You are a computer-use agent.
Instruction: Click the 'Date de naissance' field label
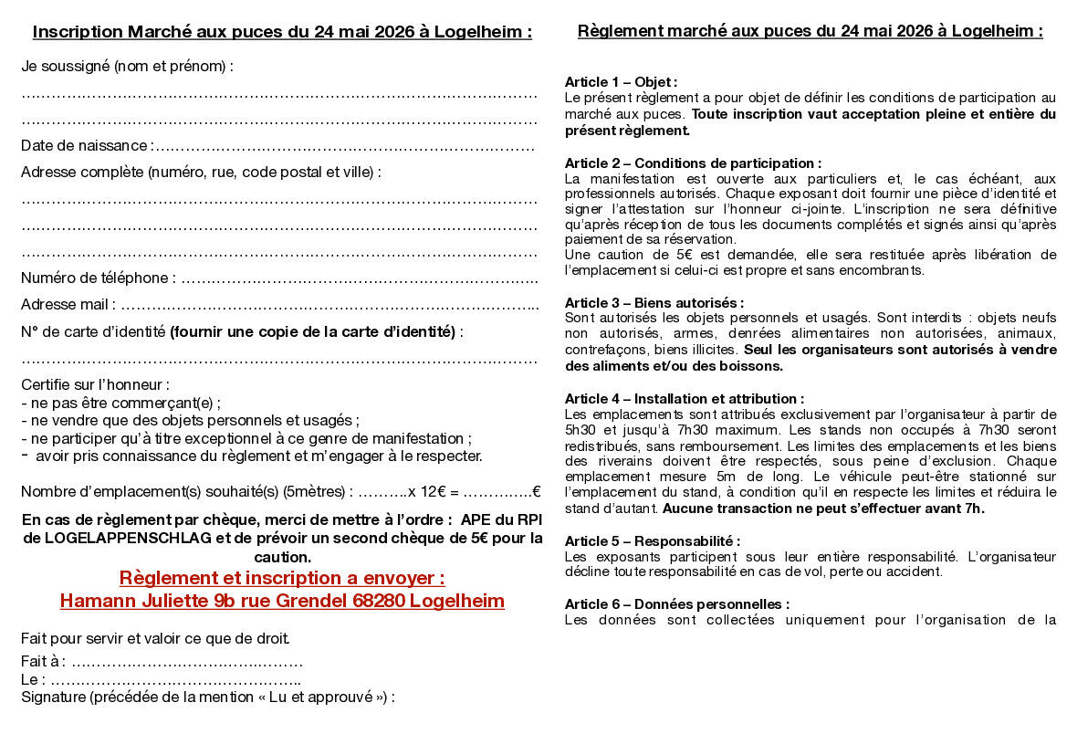click(x=85, y=146)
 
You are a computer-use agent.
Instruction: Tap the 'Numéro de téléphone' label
click(x=95, y=278)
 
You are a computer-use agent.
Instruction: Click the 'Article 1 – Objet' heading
click(x=621, y=82)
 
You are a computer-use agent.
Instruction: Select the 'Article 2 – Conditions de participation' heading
click(x=693, y=163)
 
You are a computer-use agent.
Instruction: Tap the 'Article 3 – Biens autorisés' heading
click(x=654, y=302)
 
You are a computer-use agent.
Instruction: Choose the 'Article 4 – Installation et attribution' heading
click(x=684, y=399)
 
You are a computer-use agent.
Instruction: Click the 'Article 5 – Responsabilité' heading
click(x=652, y=541)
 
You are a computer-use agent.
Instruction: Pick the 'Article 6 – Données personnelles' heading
click(x=676, y=604)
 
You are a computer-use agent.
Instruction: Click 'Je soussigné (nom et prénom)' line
click(x=127, y=66)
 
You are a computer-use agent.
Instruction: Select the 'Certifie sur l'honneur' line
click(x=95, y=385)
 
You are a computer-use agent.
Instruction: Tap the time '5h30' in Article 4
click(x=580, y=429)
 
